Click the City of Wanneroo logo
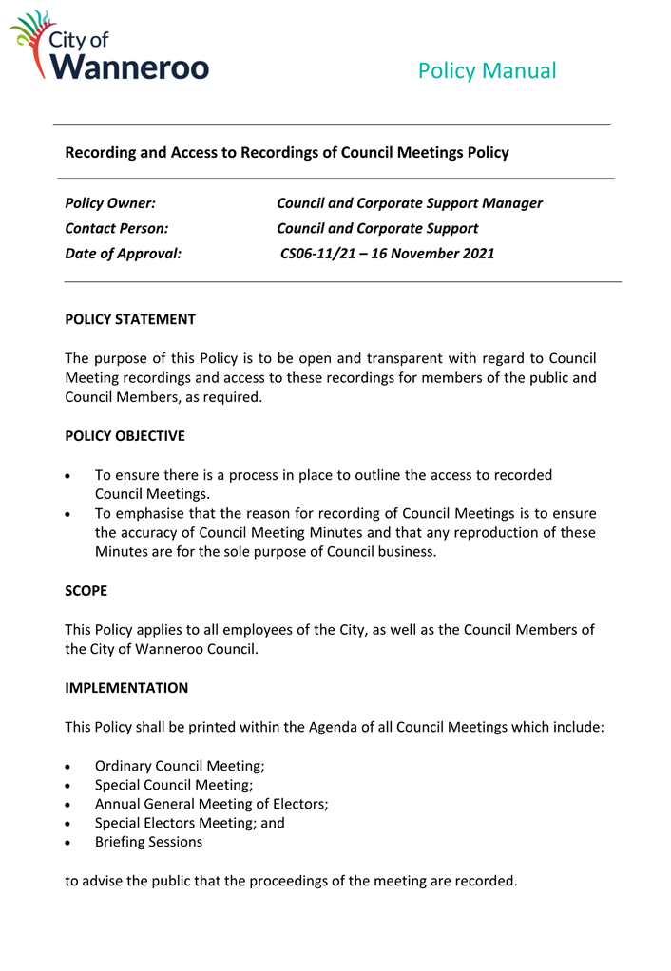(x=108, y=46)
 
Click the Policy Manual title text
(x=487, y=70)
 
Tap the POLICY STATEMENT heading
(x=130, y=319)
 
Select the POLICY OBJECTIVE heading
(x=125, y=436)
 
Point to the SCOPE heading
(x=86, y=591)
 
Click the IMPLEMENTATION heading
(x=126, y=688)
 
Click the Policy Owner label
(x=110, y=203)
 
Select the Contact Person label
(x=116, y=229)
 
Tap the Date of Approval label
(x=123, y=254)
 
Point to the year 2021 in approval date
(x=476, y=254)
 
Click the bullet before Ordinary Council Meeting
(x=69, y=767)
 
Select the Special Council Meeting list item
(x=174, y=785)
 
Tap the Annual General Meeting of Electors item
(x=211, y=804)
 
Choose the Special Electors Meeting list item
(x=189, y=823)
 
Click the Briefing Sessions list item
(x=148, y=842)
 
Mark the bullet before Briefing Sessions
(x=69, y=843)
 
